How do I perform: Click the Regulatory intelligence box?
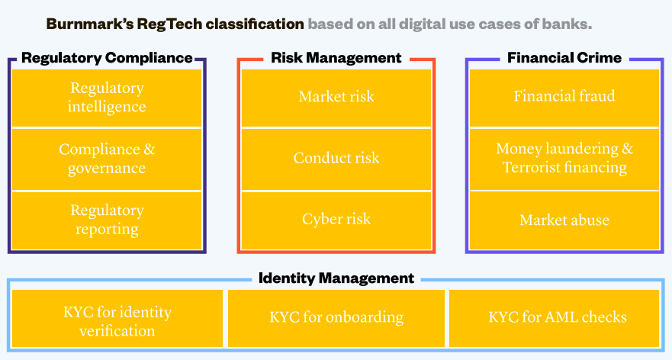107,98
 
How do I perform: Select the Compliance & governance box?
107,159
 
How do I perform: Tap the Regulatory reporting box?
107,220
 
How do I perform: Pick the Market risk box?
336,98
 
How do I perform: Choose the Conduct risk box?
336,159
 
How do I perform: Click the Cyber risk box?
336,220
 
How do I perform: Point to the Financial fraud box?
564,98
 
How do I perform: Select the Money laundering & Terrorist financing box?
564,159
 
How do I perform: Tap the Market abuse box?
564,220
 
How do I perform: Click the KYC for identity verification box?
117,318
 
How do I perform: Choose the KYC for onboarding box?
336,318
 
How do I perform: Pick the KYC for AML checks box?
554,318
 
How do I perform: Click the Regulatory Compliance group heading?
107,58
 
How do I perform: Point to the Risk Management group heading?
336,58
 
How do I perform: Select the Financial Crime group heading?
564,58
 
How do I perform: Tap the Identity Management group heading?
336,278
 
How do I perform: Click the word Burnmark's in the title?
90,24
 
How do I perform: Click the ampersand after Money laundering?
628,149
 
